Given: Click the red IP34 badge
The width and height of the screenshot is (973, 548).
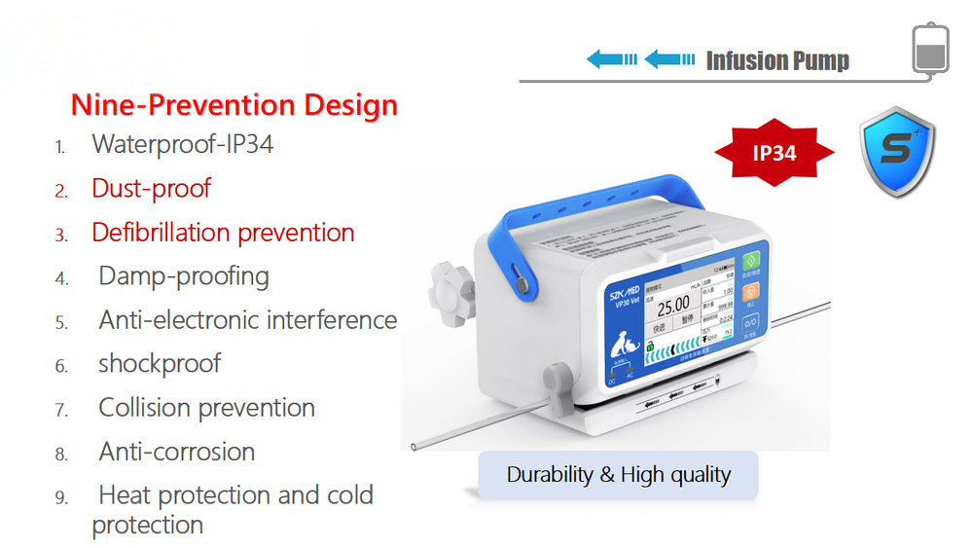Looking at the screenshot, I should click(774, 153).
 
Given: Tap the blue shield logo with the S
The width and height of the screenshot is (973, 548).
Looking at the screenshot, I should click(897, 153).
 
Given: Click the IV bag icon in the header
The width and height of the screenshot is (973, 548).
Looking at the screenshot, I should click(928, 49).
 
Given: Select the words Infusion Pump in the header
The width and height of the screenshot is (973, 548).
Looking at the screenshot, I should click(777, 61).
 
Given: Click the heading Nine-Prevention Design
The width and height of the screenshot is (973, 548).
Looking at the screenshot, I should click(234, 105).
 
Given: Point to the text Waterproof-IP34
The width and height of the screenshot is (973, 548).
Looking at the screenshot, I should click(183, 145).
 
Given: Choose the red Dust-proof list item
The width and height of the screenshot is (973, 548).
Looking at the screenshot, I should click(151, 188).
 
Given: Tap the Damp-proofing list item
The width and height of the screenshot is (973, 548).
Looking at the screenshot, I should click(184, 276).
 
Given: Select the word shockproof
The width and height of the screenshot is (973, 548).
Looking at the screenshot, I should click(160, 364).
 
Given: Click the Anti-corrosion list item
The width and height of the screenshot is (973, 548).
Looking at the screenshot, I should click(177, 452).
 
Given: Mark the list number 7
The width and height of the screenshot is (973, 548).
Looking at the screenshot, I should click(61, 410).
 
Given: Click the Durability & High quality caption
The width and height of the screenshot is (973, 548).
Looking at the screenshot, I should click(618, 475).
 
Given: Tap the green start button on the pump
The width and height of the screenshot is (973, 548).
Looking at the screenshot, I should click(750, 264).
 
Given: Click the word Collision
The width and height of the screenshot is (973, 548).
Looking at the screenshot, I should click(142, 408).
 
